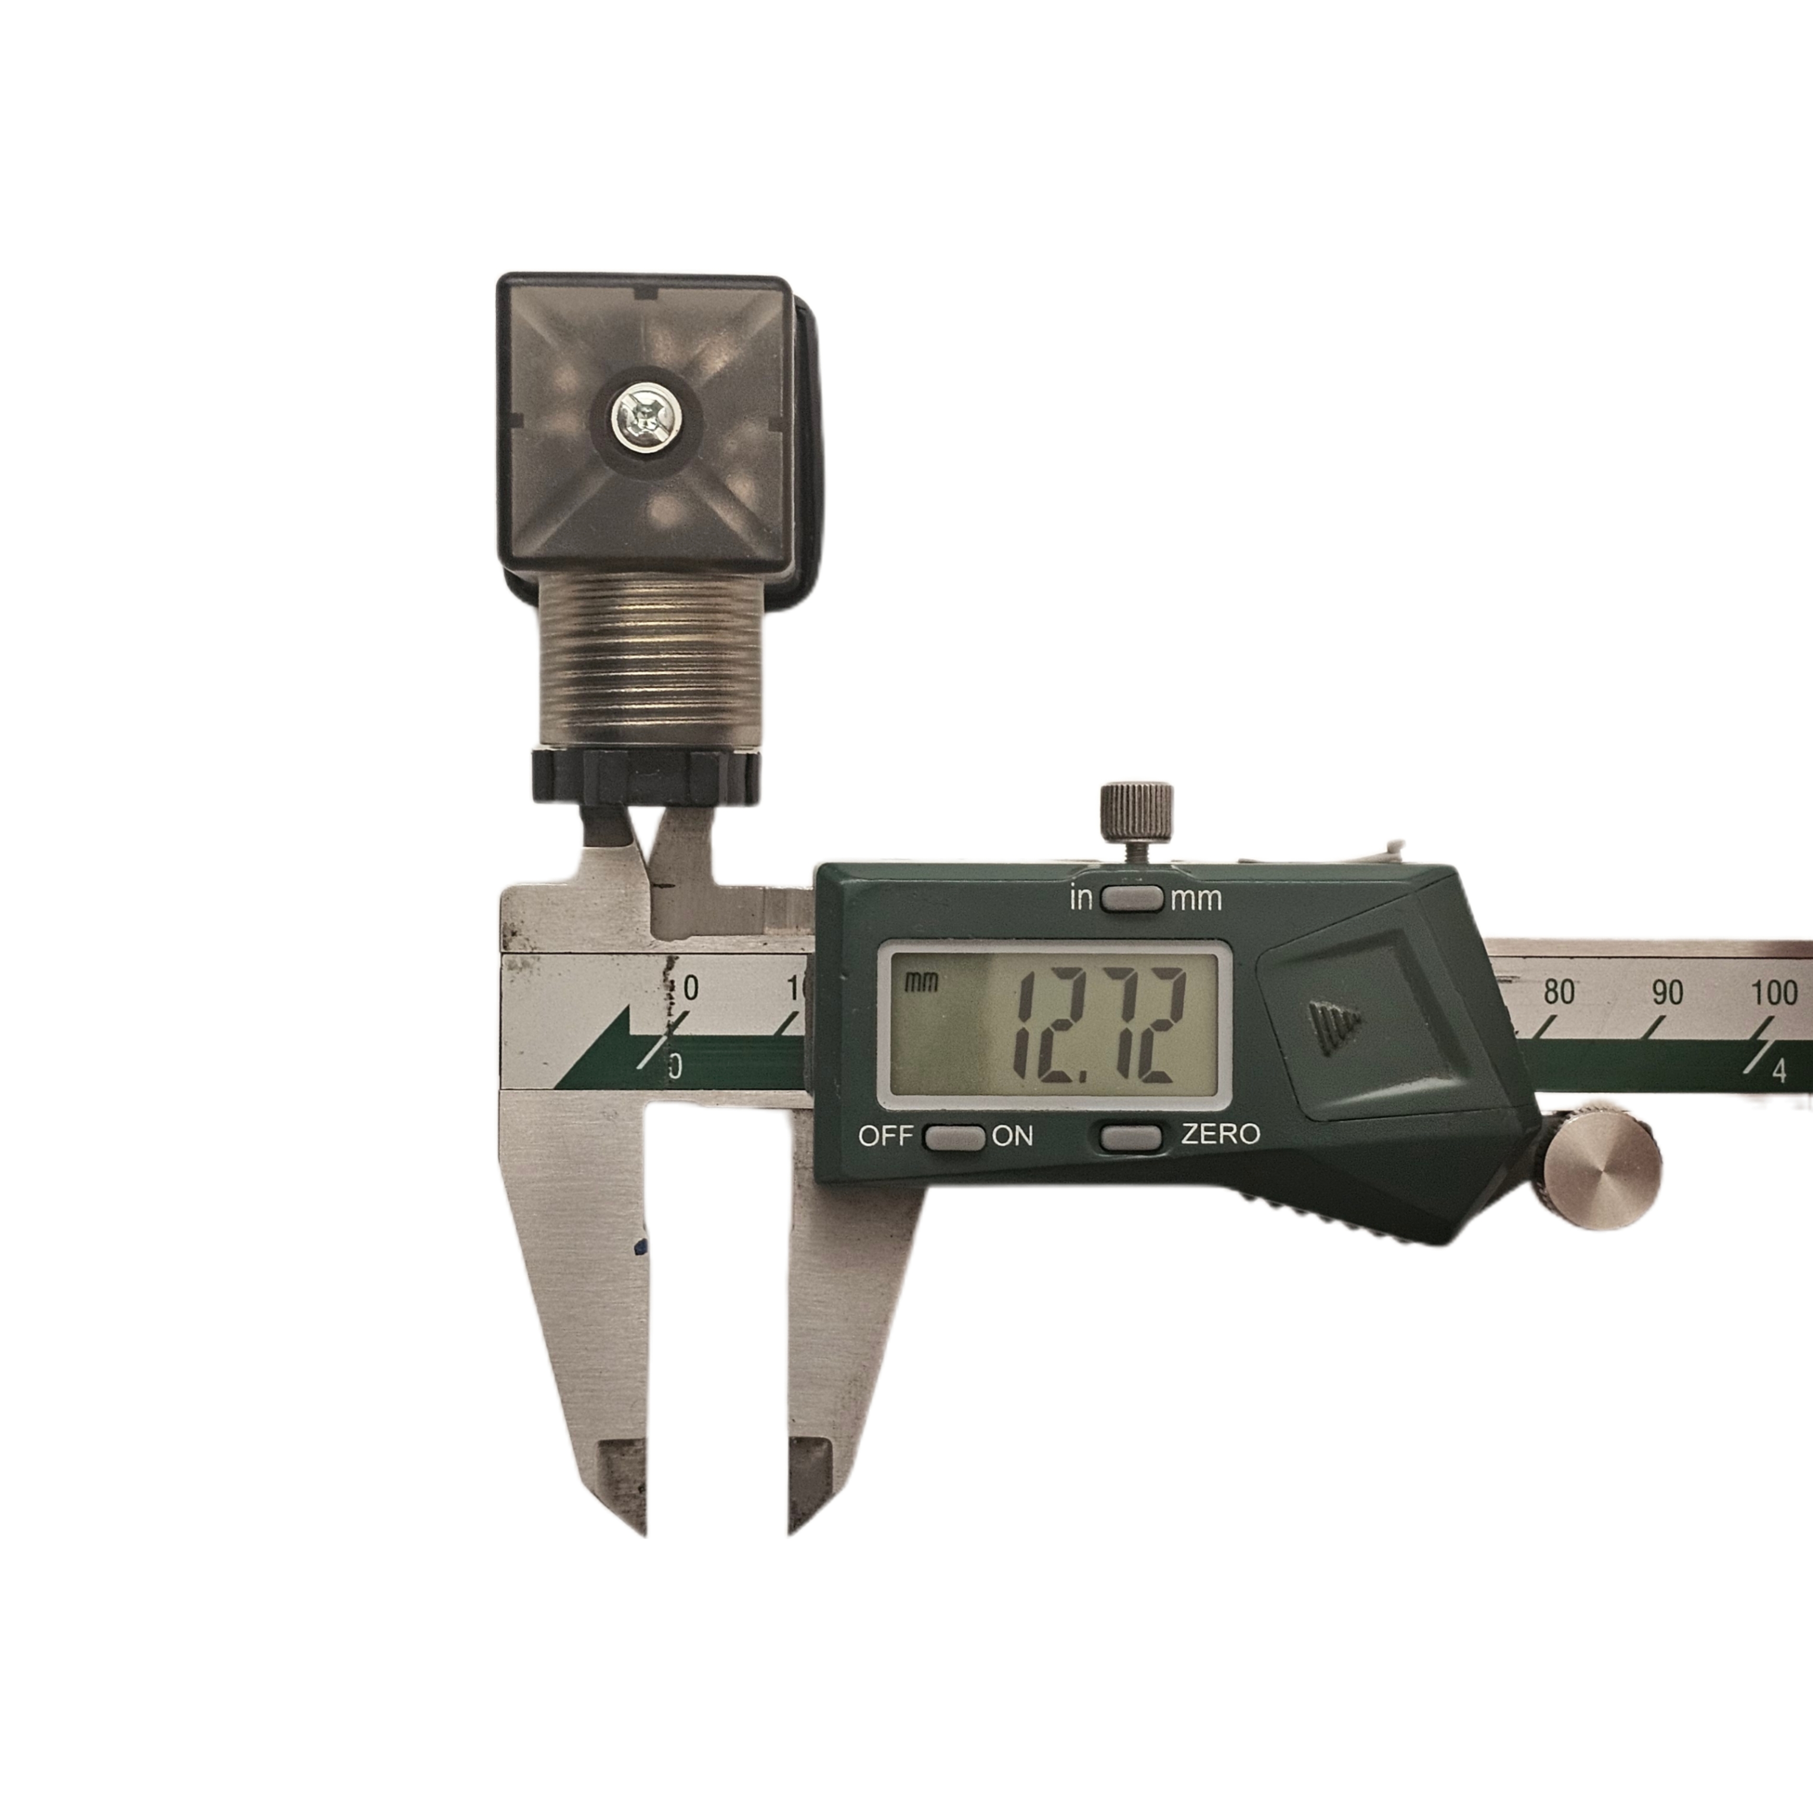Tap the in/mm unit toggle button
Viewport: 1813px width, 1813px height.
click(1132, 898)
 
